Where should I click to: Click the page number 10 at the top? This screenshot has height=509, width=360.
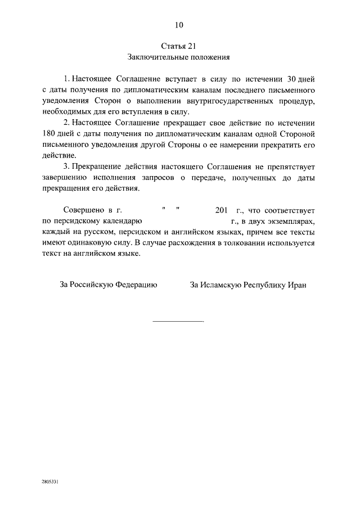point(179,25)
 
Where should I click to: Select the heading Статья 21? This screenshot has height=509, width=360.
point(179,46)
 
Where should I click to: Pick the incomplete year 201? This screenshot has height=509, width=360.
point(222,211)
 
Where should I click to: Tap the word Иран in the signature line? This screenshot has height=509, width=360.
point(296,285)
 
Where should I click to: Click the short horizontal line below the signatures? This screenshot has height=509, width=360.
point(178,322)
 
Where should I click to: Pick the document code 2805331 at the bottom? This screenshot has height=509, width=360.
point(51,482)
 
